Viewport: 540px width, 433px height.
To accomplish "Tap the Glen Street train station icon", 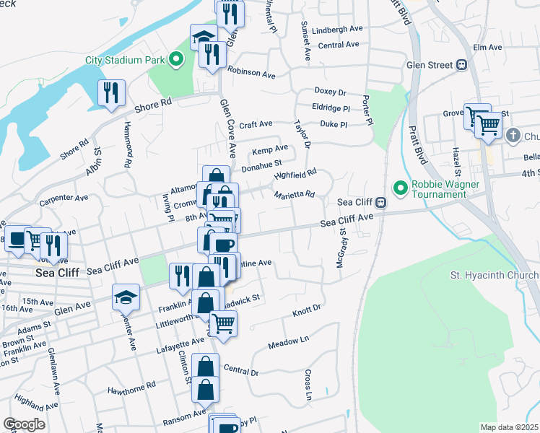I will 461,64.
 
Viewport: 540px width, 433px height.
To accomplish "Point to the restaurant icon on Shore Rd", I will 111,92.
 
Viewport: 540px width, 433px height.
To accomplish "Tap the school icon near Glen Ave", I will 126,297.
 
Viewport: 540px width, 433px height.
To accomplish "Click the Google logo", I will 24,424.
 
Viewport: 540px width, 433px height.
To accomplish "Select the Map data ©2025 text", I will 509,427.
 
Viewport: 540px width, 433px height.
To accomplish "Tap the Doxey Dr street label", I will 331,92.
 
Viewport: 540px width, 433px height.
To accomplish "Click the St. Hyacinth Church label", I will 494,276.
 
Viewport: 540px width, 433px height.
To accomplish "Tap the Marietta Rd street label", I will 294,194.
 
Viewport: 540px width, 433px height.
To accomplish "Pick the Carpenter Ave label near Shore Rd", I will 64,197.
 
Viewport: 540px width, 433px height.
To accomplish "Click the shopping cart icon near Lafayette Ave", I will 224,324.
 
